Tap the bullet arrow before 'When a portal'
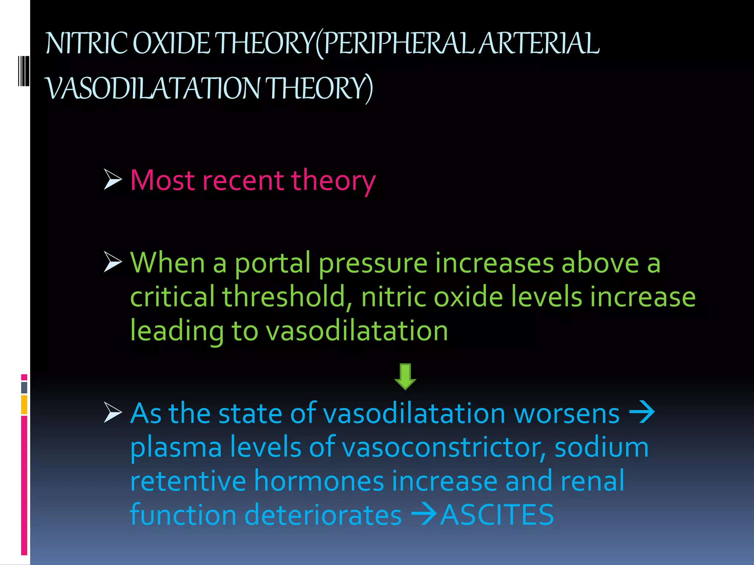point(112,262)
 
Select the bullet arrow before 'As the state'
point(112,412)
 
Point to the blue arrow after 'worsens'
point(642,413)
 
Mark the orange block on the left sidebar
point(24,404)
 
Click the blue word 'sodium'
point(602,447)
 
